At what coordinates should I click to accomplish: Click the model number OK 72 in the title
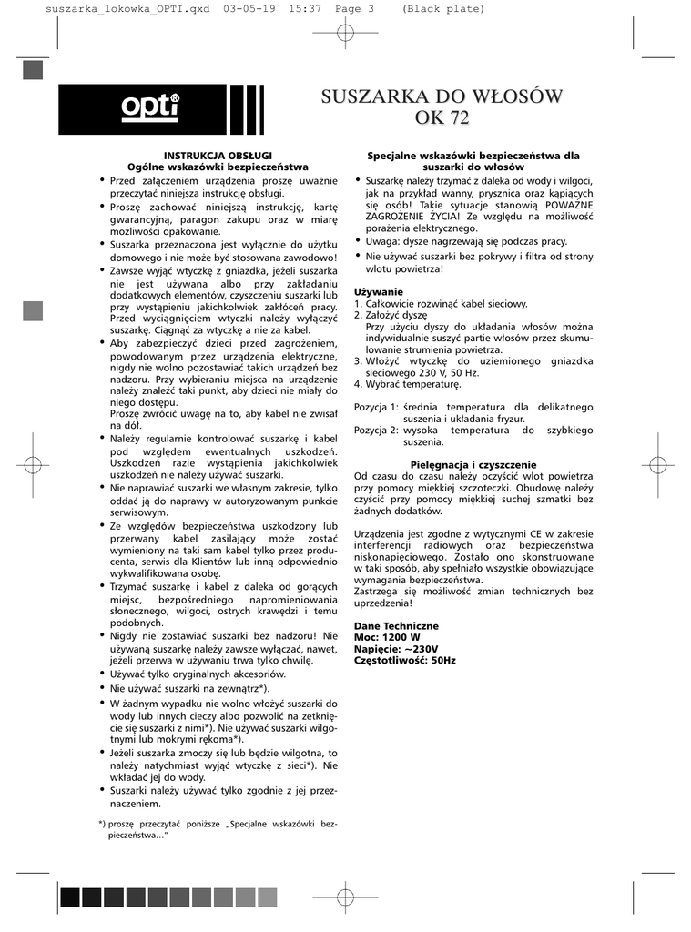pyautogui.click(x=442, y=116)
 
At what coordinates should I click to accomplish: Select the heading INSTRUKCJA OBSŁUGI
pyautogui.click(x=218, y=156)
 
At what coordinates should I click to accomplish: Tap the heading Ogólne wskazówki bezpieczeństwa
pyautogui.click(x=218, y=167)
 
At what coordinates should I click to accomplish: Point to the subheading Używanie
pyautogui.click(x=378, y=291)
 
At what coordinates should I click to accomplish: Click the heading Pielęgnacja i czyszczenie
pyautogui.click(x=473, y=464)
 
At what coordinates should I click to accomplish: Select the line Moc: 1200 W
pyautogui.click(x=387, y=637)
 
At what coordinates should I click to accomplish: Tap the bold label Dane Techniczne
pyautogui.click(x=396, y=626)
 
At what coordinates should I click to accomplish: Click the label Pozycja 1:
pyautogui.click(x=376, y=406)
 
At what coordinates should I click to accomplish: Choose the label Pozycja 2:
pyautogui.click(x=376, y=430)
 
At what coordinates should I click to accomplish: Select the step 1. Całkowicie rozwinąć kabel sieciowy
pyautogui.click(x=441, y=304)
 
